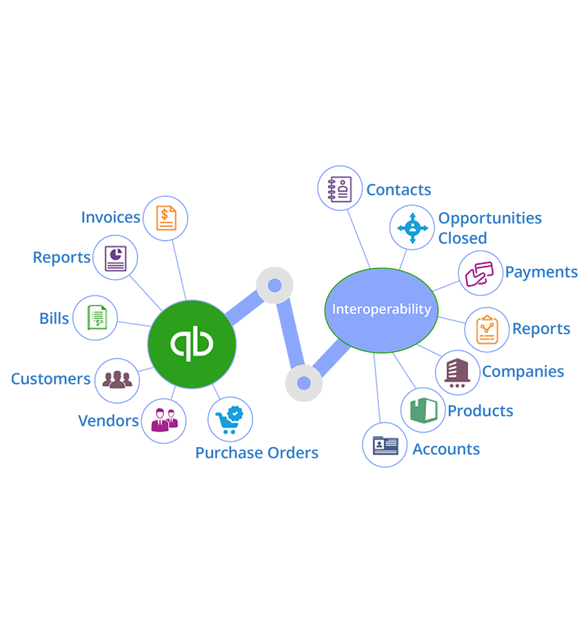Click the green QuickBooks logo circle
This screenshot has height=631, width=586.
192,343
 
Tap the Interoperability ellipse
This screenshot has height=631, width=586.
381,309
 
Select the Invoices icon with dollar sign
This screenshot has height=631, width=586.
165,218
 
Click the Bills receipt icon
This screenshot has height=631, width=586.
95,318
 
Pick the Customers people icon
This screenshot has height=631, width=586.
117,380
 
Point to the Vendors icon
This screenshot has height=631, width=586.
163,420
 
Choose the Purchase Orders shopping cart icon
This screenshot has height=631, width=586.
230,419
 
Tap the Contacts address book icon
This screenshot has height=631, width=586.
340,188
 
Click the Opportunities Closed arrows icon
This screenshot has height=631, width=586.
412,227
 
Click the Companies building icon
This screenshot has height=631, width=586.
457,372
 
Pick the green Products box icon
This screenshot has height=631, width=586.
423,411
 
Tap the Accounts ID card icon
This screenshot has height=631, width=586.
385,444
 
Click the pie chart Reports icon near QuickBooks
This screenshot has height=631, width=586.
115,258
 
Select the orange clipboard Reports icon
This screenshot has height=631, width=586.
487,329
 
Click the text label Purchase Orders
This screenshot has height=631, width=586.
256,453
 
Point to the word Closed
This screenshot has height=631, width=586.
463,238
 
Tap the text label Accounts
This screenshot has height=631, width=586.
446,449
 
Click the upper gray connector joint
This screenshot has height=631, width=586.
274,285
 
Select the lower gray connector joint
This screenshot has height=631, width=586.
303,383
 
